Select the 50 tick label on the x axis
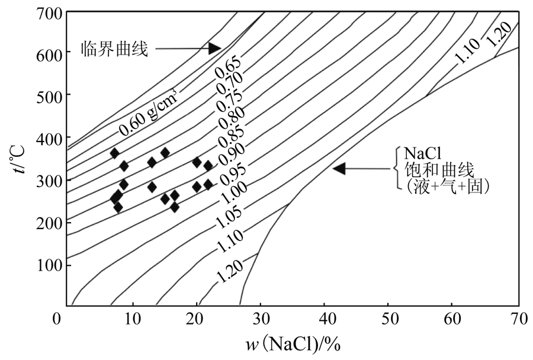[x=388, y=319]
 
